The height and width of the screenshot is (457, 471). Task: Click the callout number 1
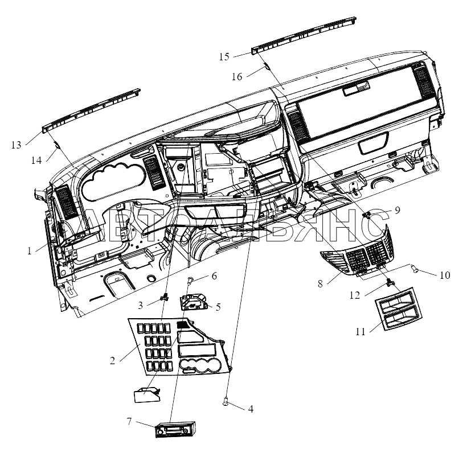[x=30, y=251]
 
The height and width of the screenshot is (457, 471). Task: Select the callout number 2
[x=112, y=360]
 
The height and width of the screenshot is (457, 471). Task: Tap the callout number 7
[x=129, y=422]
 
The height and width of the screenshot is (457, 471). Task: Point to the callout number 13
[x=17, y=145]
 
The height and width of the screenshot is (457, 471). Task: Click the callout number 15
[x=224, y=56]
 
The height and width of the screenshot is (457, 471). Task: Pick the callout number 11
[x=361, y=332]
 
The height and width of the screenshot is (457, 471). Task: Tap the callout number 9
[x=398, y=210]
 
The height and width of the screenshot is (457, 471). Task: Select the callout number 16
[x=237, y=77]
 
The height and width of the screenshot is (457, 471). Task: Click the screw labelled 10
[x=414, y=269]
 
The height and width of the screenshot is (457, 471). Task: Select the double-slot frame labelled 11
[x=398, y=308]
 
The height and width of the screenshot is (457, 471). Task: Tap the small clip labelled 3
[x=165, y=298]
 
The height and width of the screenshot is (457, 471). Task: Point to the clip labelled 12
[x=390, y=281]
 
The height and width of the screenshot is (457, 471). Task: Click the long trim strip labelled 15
[x=304, y=36]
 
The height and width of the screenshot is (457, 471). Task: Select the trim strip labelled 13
[x=91, y=110]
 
